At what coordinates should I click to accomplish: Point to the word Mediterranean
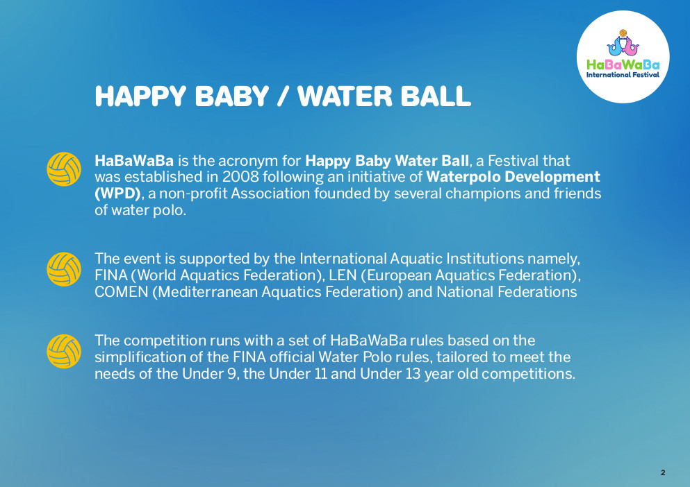tap(208, 292)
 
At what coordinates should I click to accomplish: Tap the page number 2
tap(663, 473)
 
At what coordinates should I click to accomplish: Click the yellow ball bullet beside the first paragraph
tap(64, 169)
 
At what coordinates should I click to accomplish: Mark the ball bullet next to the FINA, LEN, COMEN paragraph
tap(64, 269)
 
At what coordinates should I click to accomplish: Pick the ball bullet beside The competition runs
tap(64, 351)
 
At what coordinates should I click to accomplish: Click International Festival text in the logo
tap(623, 75)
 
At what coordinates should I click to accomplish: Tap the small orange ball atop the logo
tap(623, 33)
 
